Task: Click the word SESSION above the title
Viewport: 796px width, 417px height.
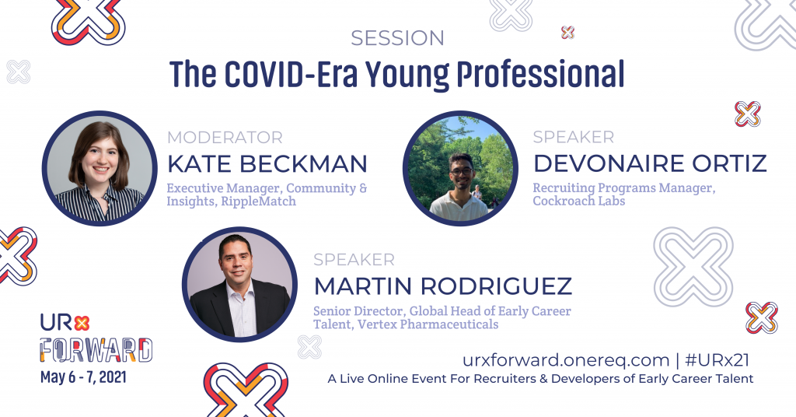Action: point(397,37)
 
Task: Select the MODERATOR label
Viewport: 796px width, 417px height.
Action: point(225,138)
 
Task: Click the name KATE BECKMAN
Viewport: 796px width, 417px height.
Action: point(267,164)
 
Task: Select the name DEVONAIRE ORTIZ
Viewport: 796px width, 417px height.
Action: point(649,164)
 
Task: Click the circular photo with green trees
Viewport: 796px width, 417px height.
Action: point(460,168)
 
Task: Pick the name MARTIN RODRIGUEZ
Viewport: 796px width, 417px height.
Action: point(442,286)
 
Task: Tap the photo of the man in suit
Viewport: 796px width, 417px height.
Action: point(239,285)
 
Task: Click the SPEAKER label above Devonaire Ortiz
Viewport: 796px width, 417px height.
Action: point(573,138)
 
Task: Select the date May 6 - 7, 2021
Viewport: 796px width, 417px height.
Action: point(82,378)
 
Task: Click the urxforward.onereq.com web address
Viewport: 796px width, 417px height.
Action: point(565,360)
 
